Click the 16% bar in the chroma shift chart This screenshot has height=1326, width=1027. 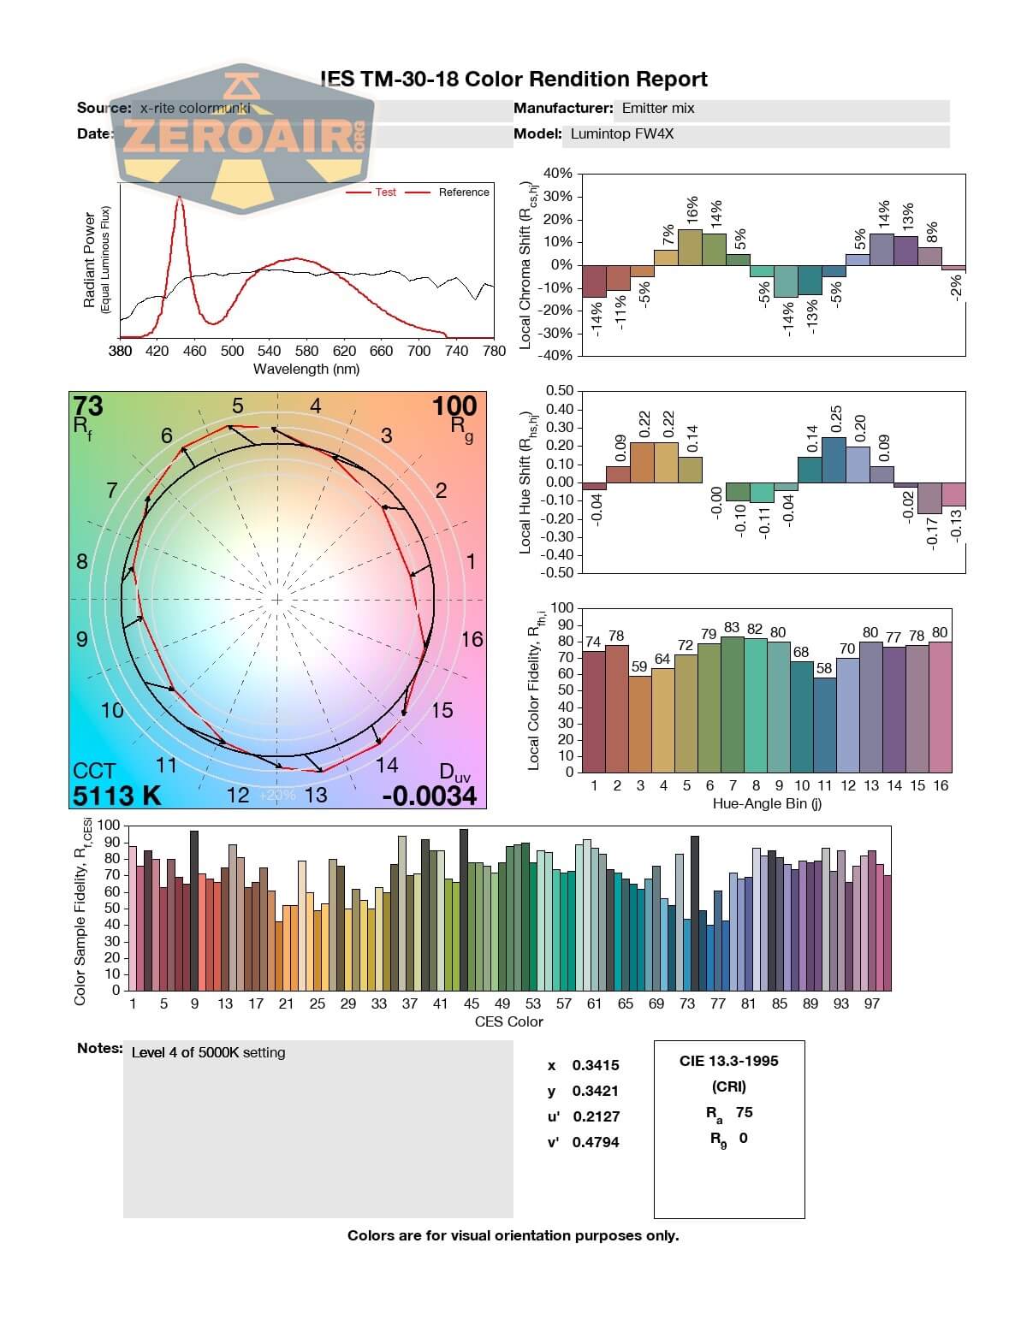tap(690, 247)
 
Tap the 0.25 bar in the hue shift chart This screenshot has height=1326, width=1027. tap(834, 459)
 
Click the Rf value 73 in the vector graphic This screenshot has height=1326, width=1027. tap(88, 405)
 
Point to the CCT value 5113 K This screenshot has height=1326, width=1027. tap(116, 796)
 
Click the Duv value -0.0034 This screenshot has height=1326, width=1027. tap(429, 796)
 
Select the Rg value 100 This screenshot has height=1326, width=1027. tap(454, 405)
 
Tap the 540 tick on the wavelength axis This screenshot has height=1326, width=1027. tap(269, 351)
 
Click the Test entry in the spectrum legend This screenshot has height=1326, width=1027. tap(385, 192)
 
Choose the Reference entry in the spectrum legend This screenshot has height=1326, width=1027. tap(463, 192)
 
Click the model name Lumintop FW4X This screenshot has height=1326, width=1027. tap(622, 133)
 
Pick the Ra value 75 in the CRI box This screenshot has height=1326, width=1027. tap(744, 1112)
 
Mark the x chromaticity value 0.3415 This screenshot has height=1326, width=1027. tap(596, 1065)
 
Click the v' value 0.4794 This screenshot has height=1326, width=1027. tap(596, 1142)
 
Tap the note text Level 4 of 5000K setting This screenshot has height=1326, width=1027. tap(208, 1053)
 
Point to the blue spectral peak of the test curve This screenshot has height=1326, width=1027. tap(180, 198)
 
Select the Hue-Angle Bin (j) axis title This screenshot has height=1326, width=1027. tap(767, 804)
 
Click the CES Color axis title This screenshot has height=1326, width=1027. tap(508, 1021)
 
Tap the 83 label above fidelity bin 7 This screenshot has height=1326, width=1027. tap(732, 627)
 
